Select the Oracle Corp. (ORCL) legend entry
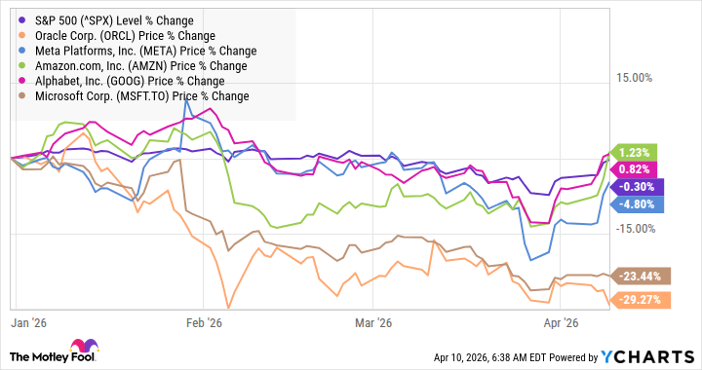[108, 35]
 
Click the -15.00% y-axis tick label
[640, 228]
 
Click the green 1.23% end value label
[639, 152]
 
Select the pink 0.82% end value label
[639, 169]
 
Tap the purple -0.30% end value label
[639, 187]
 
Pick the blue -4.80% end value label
[639, 204]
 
